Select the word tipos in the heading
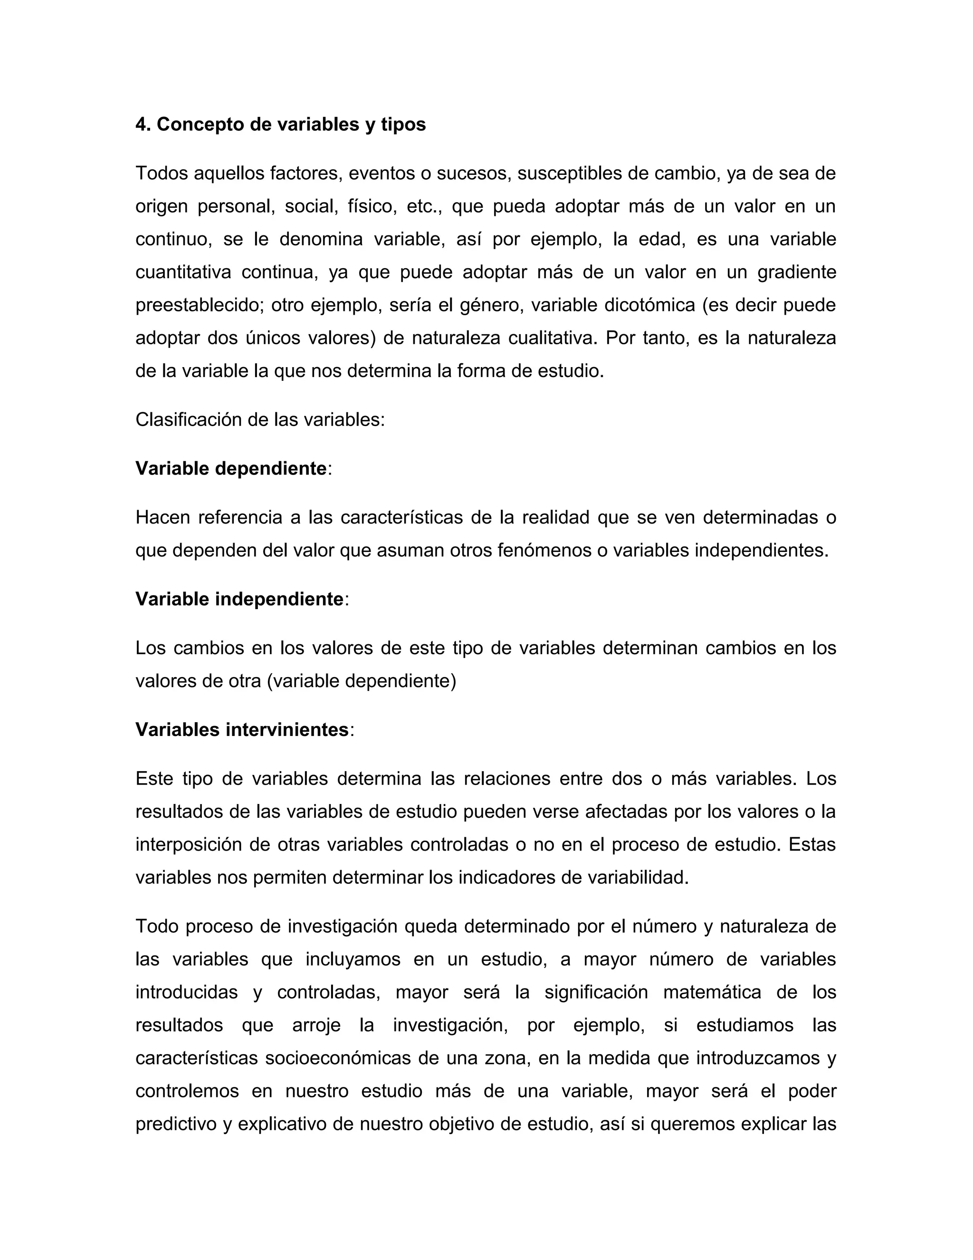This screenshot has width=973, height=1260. (403, 125)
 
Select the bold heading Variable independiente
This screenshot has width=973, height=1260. (239, 600)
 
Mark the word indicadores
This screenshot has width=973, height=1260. (507, 878)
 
